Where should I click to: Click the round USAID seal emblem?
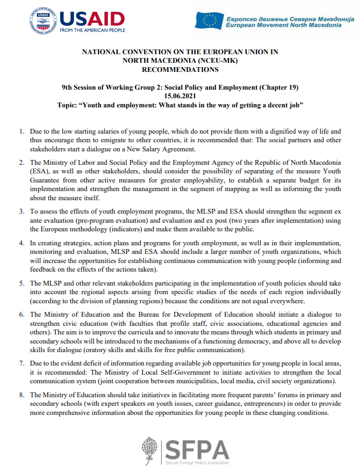[44, 21]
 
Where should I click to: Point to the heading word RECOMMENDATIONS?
[179, 69]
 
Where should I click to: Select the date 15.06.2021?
[180, 96]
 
